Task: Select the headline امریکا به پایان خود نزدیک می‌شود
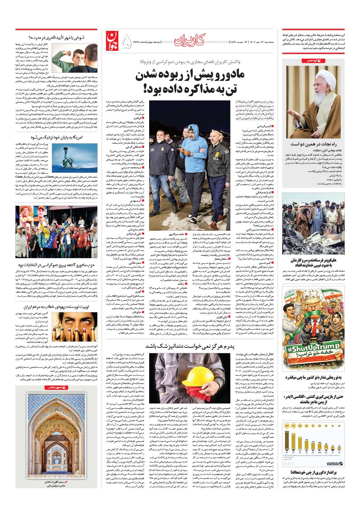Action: click(57, 137)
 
